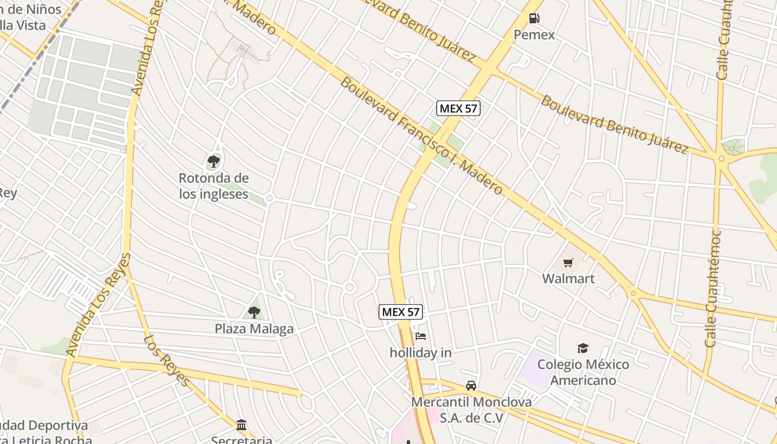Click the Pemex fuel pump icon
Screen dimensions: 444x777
pyautogui.click(x=534, y=18)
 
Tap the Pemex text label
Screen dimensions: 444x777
pyautogui.click(x=534, y=35)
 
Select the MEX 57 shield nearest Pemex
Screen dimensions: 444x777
pyautogui.click(x=458, y=108)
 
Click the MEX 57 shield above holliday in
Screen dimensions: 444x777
pyautogui.click(x=401, y=312)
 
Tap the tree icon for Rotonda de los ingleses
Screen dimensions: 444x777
pyautogui.click(x=214, y=162)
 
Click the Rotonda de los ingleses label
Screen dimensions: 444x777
pyautogui.click(x=214, y=186)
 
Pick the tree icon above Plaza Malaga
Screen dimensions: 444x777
pyautogui.click(x=254, y=312)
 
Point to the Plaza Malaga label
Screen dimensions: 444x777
pyautogui.click(x=254, y=329)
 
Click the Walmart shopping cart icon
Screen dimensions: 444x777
pyautogui.click(x=568, y=263)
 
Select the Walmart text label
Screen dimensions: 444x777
pyautogui.click(x=568, y=279)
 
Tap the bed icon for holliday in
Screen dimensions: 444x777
pyautogui.click(x=421, y=336)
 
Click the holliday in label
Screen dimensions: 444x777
pyautogui.click(x=421, y=352)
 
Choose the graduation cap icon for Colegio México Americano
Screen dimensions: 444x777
pyautogui.click(x=583, y=348)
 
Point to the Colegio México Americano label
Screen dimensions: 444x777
pyautogui.click(x=583, y=372)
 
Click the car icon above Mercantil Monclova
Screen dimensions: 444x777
pyautogui.click(x=471, y=385)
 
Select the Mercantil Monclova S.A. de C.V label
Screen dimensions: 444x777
pyautogui.click(x=471, y=410)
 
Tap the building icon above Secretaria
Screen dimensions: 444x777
pyautogui.click(x=241, y=425)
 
